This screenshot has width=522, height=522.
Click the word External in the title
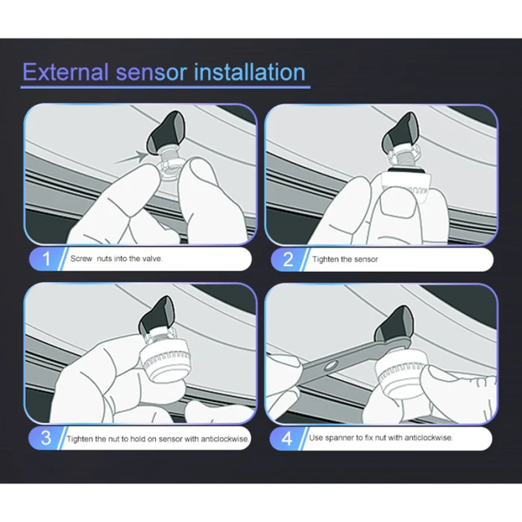(66, 72)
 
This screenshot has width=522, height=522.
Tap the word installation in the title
(249, 72)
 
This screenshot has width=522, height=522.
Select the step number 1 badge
(47, 259)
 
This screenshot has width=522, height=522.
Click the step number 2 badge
(289, 260)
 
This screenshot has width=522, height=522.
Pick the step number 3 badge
(46, 438)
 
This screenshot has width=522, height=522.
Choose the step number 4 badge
(287, 438)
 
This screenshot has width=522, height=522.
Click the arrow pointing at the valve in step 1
(130, 157)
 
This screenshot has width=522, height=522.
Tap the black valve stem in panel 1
(166, 131)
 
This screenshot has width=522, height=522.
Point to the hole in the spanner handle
(330, 366)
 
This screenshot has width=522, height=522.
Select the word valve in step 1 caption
(152, 259)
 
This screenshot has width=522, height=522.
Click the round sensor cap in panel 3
(166, 361)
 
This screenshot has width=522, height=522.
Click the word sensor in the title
(151, 72)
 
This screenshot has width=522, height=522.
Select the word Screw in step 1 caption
(81, 259)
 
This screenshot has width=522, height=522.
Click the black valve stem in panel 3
(157, 315)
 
